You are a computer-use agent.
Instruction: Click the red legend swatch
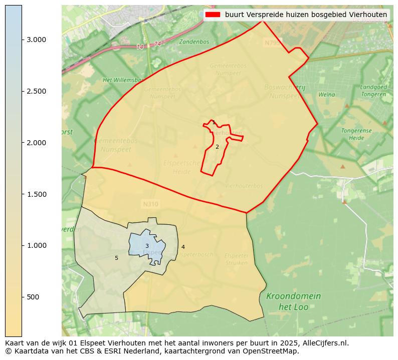(x=213, y=15)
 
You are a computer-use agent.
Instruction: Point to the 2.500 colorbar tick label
(x=36, y=91)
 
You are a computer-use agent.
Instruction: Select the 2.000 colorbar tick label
(x=36, y=143)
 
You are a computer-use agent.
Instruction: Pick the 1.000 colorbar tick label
(x=36, y=245)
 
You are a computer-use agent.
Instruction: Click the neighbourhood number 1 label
(x=214, y=123)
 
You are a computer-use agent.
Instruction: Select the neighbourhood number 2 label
(x=217, y=147)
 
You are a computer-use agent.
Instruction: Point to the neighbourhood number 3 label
(x=147, y=246)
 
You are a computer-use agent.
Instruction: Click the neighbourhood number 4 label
(x=183, y=247)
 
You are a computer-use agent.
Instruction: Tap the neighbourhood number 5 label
(x=116, y=258)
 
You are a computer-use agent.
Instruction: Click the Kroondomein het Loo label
(x=293, y=301)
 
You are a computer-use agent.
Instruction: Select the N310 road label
(x=150, y=204)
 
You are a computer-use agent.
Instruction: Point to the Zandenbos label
(x=194, y=42)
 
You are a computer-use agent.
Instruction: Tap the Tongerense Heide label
(x=356, y=134)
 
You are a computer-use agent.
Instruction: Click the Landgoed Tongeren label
(x=373, y=91)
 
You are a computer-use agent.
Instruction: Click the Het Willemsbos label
(x=123, y=80)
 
